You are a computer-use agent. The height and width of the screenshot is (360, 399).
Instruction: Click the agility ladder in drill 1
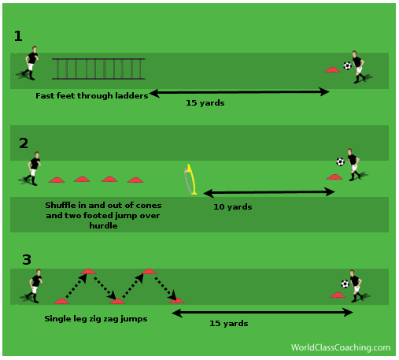pyautogui.click(x=98, y=69)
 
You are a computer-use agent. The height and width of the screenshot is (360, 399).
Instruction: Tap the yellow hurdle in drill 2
pyautogui.click(x=191, y=180)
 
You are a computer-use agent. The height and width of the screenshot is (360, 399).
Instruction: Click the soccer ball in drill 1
pyautogui.click(x=347, y=65)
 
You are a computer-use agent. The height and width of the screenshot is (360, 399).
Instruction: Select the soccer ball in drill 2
pyautogui.click(x=340, y=161)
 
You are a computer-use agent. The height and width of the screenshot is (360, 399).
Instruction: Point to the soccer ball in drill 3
pyautogui.click(x=345, y=284)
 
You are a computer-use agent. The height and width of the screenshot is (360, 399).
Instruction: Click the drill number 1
pyautogui.click(x=18, y=36)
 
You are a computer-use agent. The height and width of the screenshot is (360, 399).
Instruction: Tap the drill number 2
pyautogui.click(x=24, y=143)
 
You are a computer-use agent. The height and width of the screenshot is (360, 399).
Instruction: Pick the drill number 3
pyautogui.click(x=27, y=260)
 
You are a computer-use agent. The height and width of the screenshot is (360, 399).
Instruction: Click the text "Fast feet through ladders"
pyautogui.click(x=92, y=96)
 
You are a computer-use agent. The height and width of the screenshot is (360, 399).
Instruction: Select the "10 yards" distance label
pyautogui.click(x=233, y=207)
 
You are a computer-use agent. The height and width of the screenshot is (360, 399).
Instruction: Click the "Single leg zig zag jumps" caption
pyautogui.click(x=96, y=319)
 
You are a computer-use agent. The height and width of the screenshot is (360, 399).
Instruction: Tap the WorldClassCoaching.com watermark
pyautogui.click(x=341, y=347)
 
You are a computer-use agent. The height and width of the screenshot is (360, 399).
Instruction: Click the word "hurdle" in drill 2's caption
pyautogui.click(x=103, y=225)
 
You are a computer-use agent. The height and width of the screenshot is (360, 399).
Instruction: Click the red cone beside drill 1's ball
pyautogui.click(x=332, y=69)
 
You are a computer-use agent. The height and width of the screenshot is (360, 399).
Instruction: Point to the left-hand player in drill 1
pyautogui.click(x=29, y=63)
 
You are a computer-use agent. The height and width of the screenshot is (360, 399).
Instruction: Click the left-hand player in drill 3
pyautogui.click(x=33, y=286)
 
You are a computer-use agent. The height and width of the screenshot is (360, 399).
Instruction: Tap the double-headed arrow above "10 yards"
pyautogui.click(x=269, y=192)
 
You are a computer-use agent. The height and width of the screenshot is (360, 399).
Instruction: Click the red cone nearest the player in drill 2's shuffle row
pyautogui.click(x=57, y=180)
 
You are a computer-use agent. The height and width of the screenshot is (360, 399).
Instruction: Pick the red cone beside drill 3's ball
pyautogui.click(x=338, y=295)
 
